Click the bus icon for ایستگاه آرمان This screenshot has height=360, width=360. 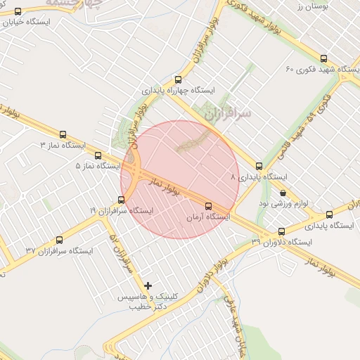(x=208, y=206)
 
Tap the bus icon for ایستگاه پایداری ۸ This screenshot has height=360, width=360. (x=259, y=167)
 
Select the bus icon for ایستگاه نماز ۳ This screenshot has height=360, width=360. (x=63, y=134)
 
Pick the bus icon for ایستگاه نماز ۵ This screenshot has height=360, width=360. (x=98, y=155)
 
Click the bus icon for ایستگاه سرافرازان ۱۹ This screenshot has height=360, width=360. (x=122, y=200)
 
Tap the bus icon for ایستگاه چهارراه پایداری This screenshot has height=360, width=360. (x=178, y=79)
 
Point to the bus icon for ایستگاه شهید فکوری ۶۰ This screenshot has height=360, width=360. (x=323, y=59)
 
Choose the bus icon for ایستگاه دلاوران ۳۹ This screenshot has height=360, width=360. (x=282, y=231)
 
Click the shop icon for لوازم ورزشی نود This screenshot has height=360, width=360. (x=283, y=193)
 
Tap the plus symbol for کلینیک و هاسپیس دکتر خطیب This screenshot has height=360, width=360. (x=148, y=285)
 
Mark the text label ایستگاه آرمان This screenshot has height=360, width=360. (x=207, y=218)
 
